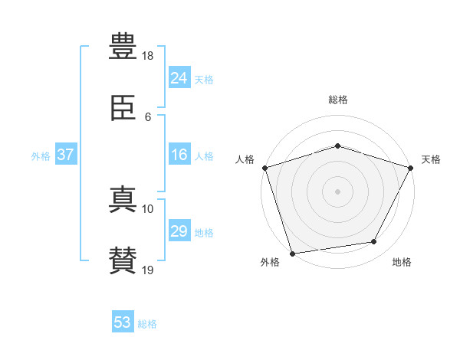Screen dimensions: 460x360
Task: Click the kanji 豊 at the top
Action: coord(123,46)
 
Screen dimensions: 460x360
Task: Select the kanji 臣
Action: coord(123,107)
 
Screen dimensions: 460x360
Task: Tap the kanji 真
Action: coord(123,199)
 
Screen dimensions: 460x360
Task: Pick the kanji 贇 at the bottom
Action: coord(123,260)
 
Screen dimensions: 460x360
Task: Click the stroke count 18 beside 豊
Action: coord(147,56)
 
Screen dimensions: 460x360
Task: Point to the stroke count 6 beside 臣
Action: coord(148,117)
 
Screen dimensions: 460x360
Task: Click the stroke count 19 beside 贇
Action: coord(147,270)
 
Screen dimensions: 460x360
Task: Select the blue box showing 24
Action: coord(179,77)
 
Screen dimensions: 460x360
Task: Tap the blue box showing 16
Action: coord(179,154)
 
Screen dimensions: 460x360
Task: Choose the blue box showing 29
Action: coord(179,230)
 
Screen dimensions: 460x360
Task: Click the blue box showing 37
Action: coord(66,154)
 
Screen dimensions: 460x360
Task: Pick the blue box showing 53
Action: coord(123,321)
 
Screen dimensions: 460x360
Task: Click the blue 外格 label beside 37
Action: coord(41,156)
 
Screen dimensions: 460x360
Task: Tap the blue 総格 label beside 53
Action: coord(147,324)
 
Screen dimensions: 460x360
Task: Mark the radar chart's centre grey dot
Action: coord(337,191)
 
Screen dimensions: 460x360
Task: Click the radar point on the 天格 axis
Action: coord(411,168)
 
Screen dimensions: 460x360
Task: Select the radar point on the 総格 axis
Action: coord(337,146)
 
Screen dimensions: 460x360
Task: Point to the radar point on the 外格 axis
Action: coord(292,254)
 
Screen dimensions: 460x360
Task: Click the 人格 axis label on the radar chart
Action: coord(245,159)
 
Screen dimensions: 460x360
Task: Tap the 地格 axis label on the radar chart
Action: coord(402,262)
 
